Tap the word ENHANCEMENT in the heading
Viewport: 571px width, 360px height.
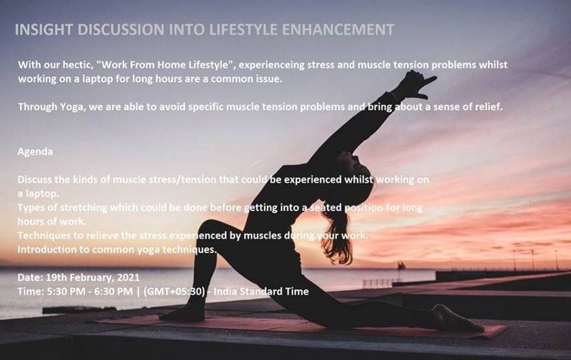click(x=338, y=29)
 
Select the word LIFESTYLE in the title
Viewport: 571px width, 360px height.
click(x=243, y=29)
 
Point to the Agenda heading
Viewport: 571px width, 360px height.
click(x=35, y=151)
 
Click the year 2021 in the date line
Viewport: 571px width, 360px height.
click(x=128, y=278)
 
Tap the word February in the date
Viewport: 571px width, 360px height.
click(x=92, y=278)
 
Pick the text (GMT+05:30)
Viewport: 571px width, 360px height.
click(x=174, y=291)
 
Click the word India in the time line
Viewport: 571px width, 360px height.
click(x=225, y=291)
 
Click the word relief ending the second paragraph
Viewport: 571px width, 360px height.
click(x=489, y=106)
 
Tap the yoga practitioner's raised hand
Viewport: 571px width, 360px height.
click(x=415, y=84)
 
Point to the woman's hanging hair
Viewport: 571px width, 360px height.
click(x=337, y=237)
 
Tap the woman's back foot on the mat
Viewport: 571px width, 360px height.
click(x=457, y=319)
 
